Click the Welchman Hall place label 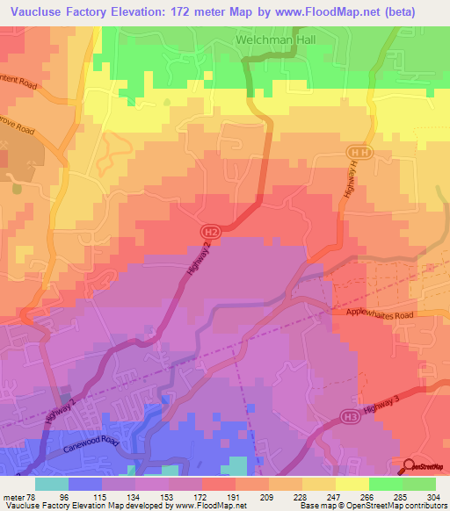272,40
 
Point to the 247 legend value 336,497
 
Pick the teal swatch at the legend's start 52,483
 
